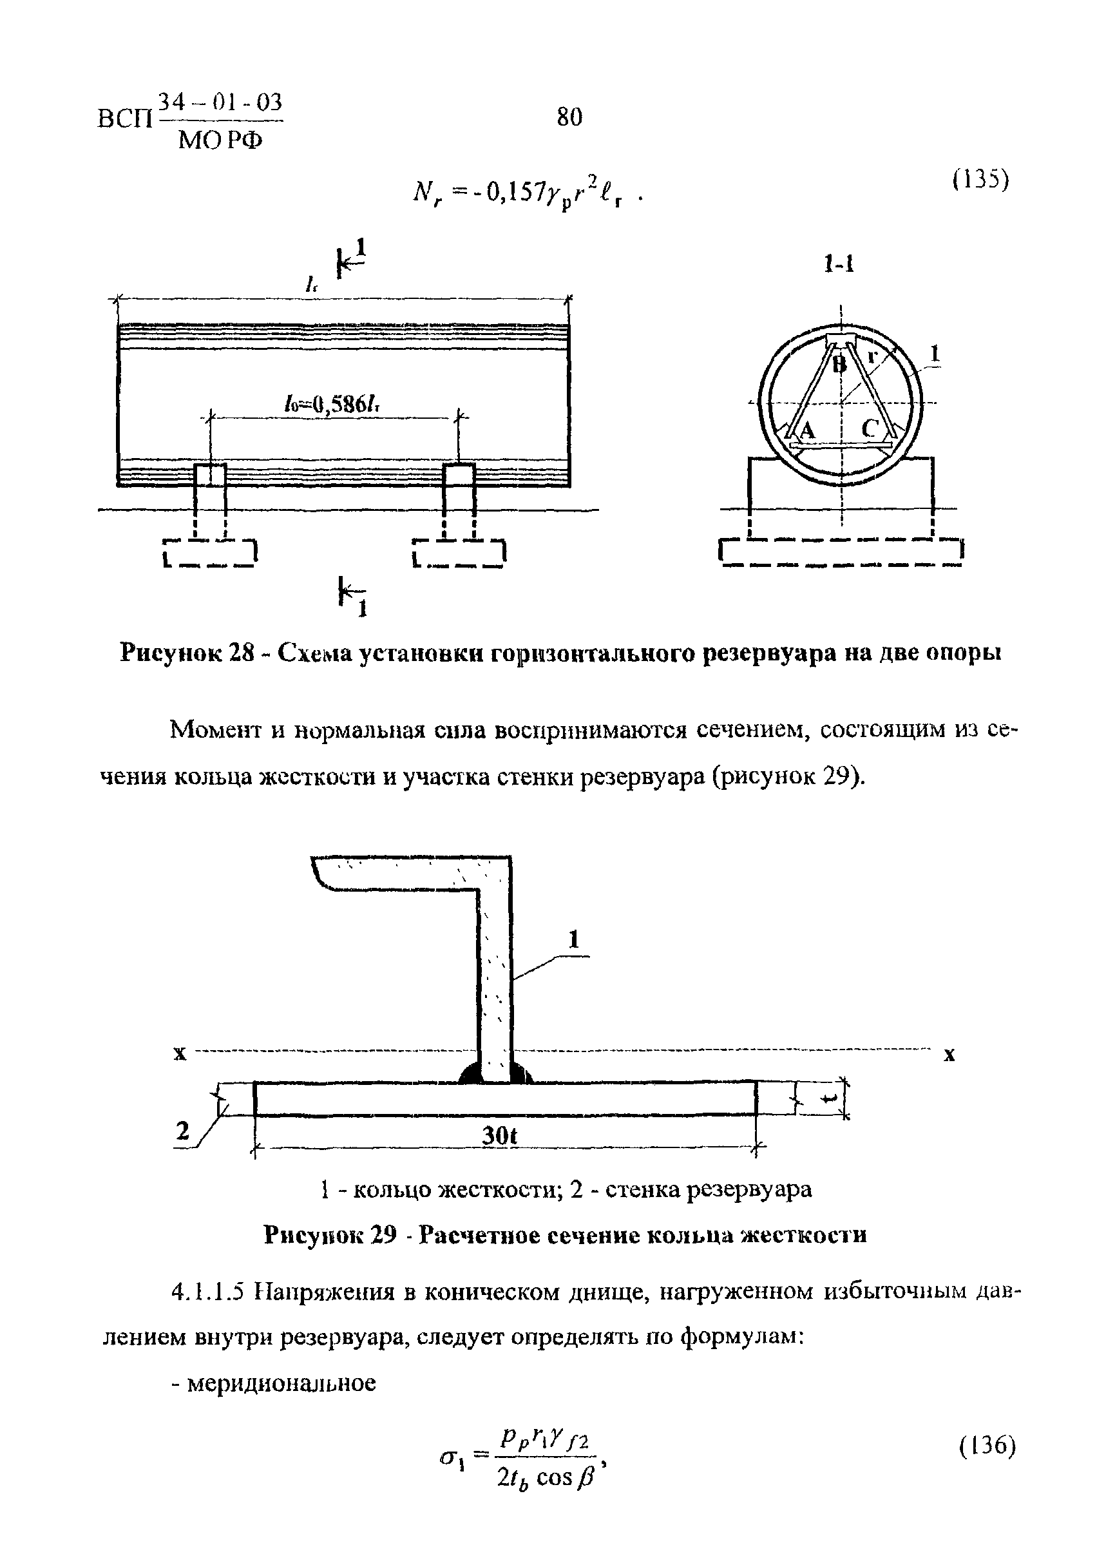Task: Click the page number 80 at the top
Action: coord(569,118)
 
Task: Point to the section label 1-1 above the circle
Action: coord(839,264)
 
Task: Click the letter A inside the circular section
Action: coord(807,430)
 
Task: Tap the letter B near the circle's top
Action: coord(841,365)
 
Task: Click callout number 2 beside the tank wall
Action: coord(182,1131)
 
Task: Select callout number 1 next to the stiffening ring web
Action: coord(574,941)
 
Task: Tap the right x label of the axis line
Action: coord(949,1055)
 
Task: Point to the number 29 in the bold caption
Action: coord(384,1234)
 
